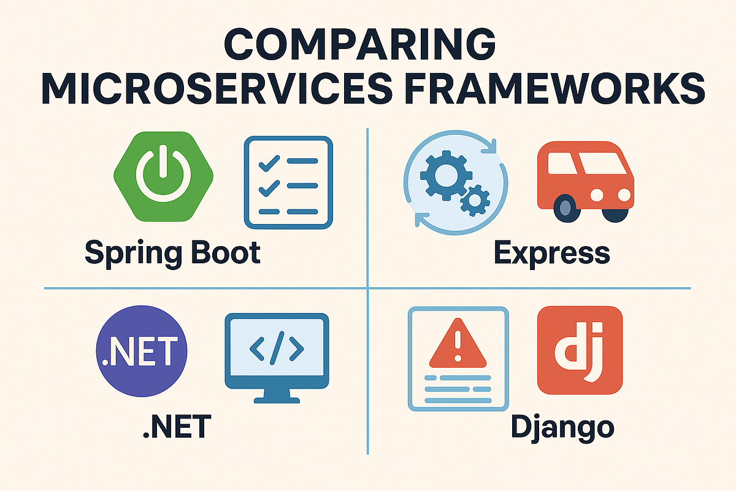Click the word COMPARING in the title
360,44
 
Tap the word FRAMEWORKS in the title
554,88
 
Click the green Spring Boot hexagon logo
163,177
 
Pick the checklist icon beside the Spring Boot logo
288,182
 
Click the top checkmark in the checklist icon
269,163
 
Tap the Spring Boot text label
173,253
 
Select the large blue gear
447,176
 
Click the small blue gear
475,201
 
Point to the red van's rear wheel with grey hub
565,208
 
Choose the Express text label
551,253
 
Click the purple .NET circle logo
142,351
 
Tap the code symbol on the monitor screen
277,348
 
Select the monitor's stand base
277,400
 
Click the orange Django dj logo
580,350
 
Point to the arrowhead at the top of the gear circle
489,146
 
